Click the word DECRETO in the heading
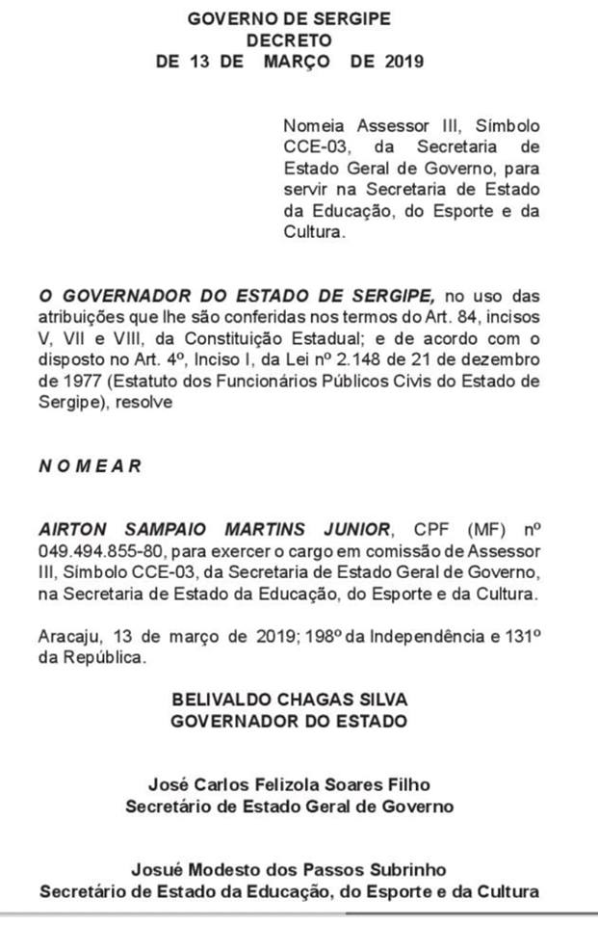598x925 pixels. click(289, 40)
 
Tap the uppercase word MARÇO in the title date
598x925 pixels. click(295, 63)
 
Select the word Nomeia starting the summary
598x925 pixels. click(311, 126)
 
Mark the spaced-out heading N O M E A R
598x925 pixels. click(90, 465)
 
